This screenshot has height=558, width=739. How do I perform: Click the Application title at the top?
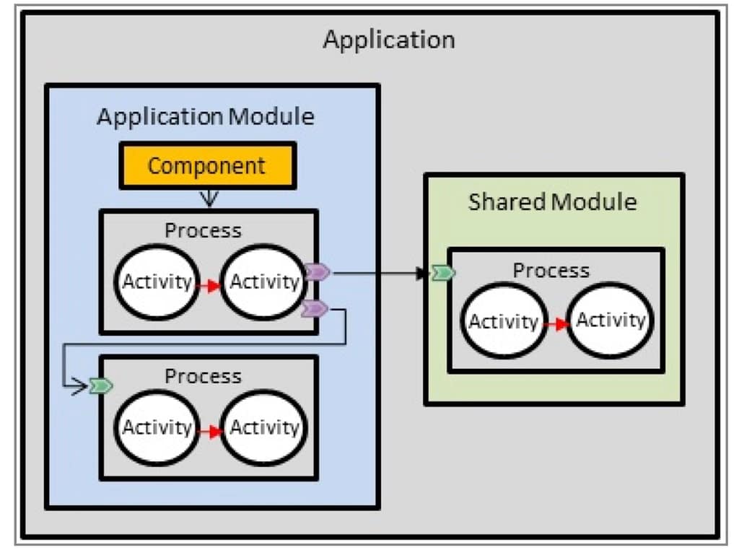[388, 39]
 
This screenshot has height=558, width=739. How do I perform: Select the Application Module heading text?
[206, 116]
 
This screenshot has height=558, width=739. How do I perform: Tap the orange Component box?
[207, 166]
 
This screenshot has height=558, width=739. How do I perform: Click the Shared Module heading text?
[552, 201]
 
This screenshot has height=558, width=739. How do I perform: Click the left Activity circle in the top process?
[157, 282]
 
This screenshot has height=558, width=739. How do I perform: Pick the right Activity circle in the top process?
[263, 282]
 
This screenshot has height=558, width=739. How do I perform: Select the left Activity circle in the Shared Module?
[503, 321]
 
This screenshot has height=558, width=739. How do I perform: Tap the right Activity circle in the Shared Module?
[610, 320]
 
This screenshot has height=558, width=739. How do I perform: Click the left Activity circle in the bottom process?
[157, 427]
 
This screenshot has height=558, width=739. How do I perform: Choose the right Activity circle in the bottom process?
[263, 427]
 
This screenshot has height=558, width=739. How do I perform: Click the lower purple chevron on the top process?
[315, 309]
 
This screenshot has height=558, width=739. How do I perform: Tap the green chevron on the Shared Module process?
[442, 273]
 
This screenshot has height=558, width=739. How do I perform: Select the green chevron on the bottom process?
[102, 387]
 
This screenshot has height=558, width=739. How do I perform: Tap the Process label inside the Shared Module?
[551, 271]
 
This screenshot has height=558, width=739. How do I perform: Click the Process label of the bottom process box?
[203, 376]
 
